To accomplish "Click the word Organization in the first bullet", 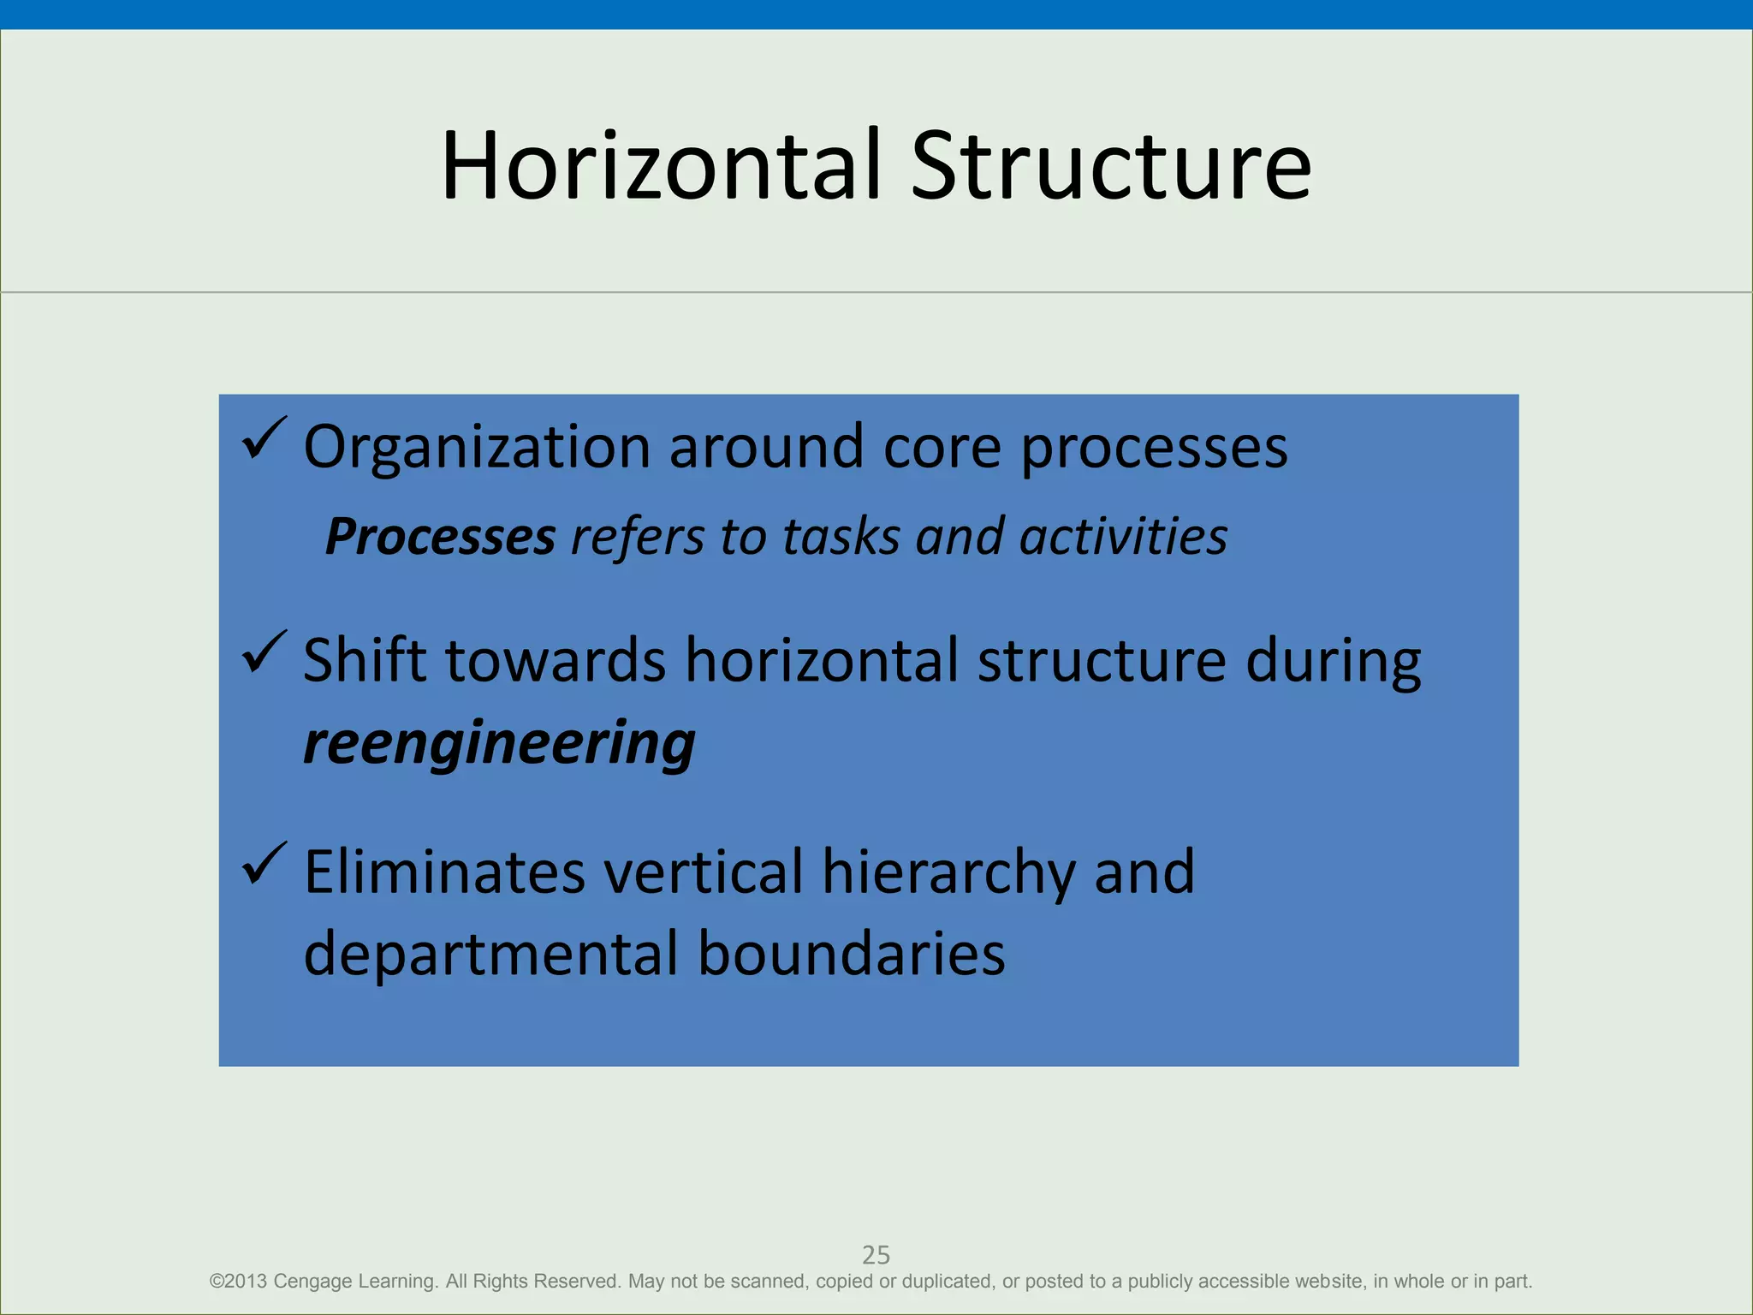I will [x=477, y=448].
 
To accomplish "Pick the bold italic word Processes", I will [x=440, y=538].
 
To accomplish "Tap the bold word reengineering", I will [x=499, y=742].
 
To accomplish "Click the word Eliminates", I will [x=444, y=872].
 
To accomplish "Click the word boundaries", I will [x=851, y=954].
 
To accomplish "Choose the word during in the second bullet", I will [x=1333, y=662].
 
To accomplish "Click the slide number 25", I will [x=876, y=1255].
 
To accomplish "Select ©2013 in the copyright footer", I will [x=238, y=1282].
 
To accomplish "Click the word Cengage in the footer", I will [x=312, y=1282].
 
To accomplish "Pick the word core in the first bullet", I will [x=942, y=448].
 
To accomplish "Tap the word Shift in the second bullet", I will [x=365, y=660].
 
